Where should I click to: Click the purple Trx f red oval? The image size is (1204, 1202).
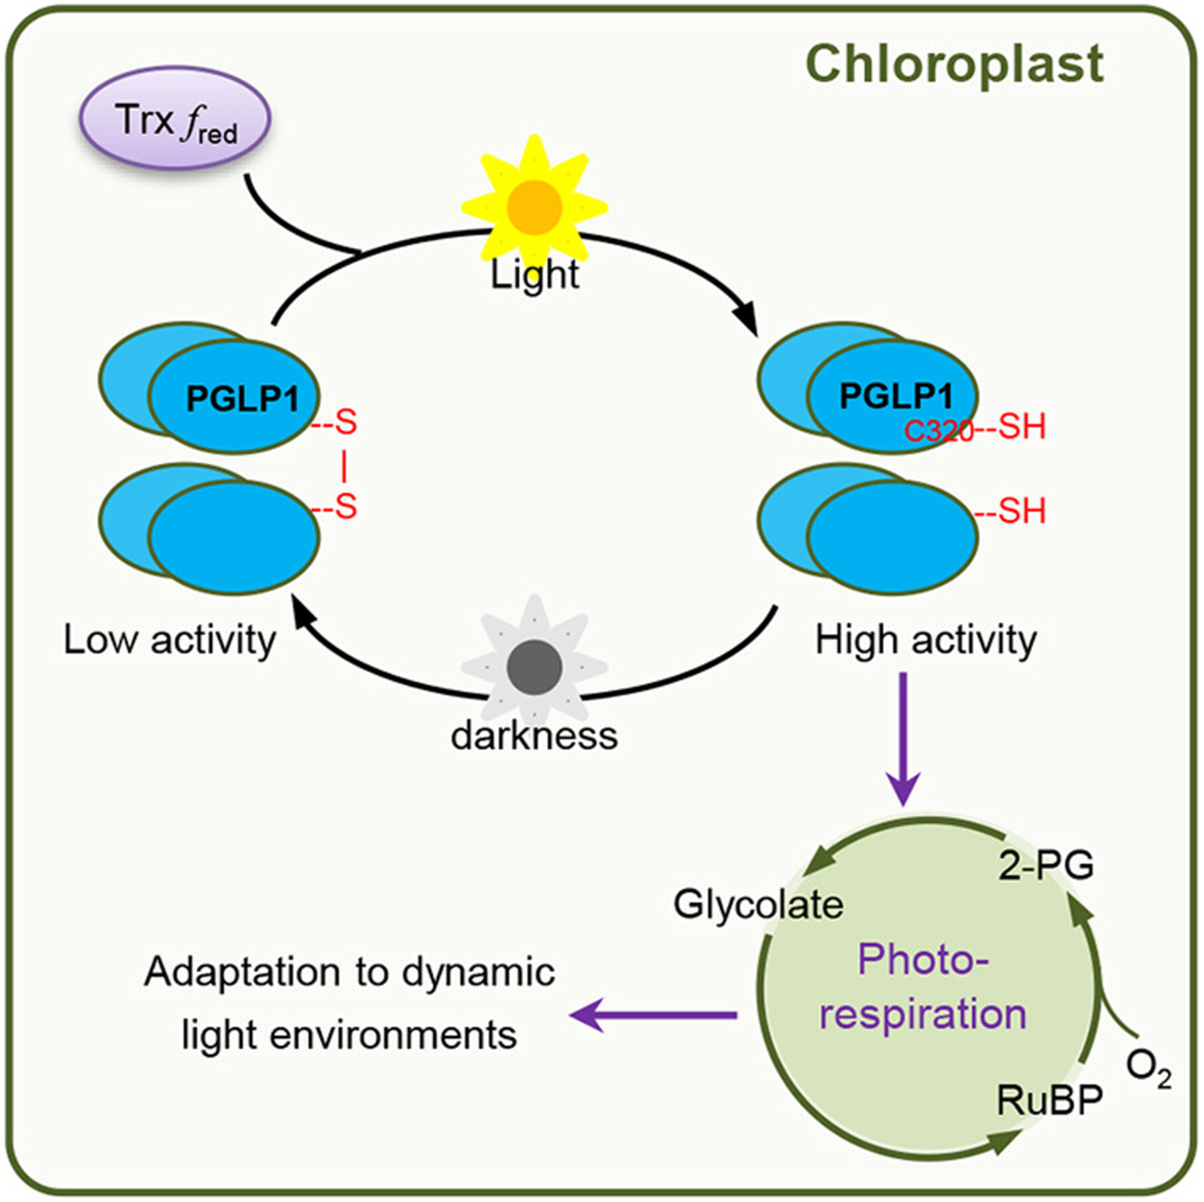tap(175, 119)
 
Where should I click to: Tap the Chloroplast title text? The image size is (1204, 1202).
tap(954, 65)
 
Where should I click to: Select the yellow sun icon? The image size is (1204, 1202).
tap(534, 206)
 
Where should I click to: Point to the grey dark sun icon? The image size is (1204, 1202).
tap(534, 668)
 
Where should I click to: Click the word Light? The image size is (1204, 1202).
tap(534, 274)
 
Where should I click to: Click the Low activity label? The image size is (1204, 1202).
tap(170, 640)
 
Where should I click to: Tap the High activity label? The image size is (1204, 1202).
tap(926, 640)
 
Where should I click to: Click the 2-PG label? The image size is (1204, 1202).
tap(1046, 865)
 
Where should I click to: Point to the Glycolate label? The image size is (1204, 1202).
tap(758, 904)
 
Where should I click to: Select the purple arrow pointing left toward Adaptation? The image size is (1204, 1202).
tap(653, 1015)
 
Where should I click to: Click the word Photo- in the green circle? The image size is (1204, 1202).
tap(923, 959)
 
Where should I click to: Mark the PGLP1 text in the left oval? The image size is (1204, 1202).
tap(242, 398)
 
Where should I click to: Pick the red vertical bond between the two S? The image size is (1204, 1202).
tap(343, 465)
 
